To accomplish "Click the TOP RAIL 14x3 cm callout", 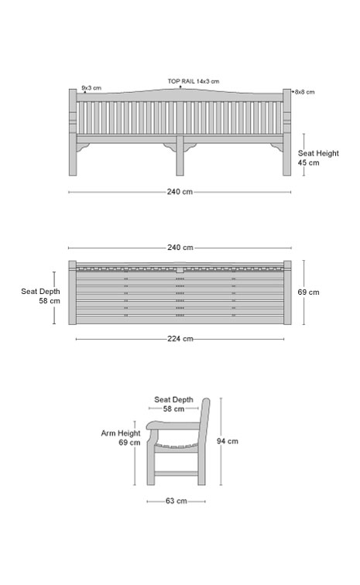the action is tap(193, 81).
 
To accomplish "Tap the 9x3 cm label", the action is tap(91, 88).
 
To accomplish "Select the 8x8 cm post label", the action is tap(305, 92).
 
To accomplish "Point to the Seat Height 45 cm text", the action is tap(318, 158).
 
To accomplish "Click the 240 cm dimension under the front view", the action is tap(180, 192).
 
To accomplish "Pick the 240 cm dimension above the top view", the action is tap(180, 248).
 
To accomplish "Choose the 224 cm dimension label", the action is tap(180, 339).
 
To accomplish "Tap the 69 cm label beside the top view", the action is tap(308, 292).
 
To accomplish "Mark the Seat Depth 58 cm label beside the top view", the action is tap(40, 296).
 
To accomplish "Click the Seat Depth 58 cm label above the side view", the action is tap(173, 404).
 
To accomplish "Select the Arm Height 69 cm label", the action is tap(121, 438).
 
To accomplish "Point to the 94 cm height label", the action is tap(228, 441).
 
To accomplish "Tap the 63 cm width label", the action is tap(177, 501).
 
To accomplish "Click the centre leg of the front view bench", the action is tap(180, 156).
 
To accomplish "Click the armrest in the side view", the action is tap(173, 426).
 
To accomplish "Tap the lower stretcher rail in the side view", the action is tap(176, 474).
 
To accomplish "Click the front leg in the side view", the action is tap(150, 463).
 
